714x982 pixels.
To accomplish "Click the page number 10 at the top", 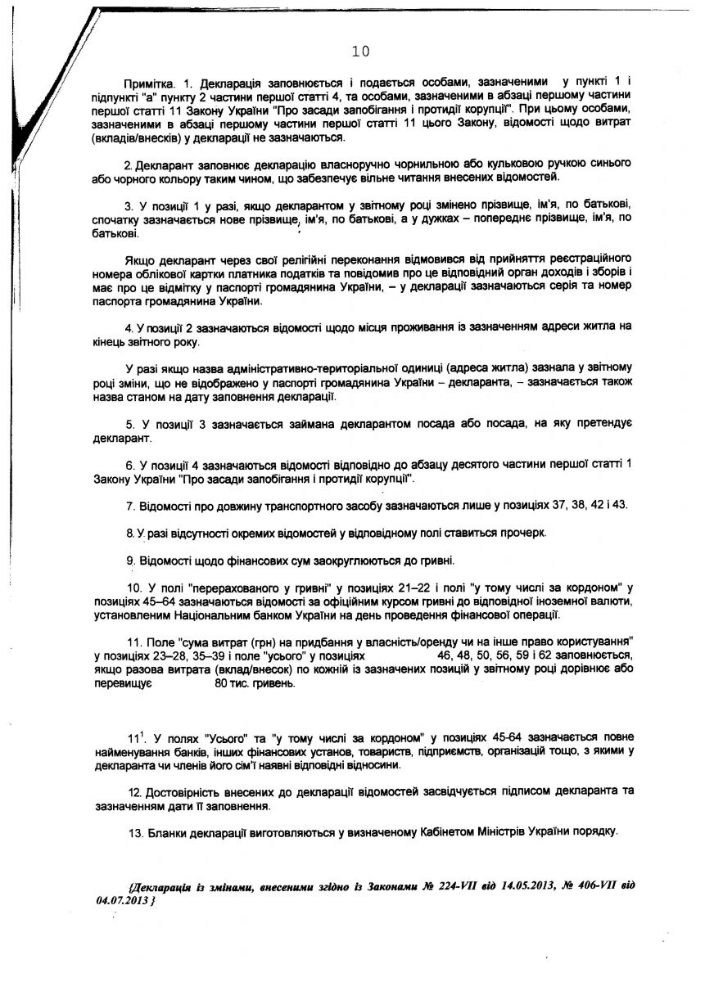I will pos(360,52).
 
